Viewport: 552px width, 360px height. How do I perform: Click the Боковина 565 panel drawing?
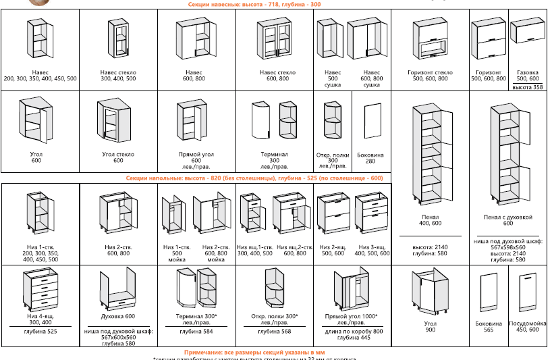[489, 294]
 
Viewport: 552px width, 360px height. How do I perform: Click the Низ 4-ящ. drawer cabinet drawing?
[38, 290]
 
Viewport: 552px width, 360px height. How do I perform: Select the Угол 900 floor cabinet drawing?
[430, 294]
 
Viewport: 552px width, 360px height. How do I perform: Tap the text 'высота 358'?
[528, 87]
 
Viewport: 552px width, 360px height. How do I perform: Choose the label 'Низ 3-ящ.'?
[372, 248]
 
